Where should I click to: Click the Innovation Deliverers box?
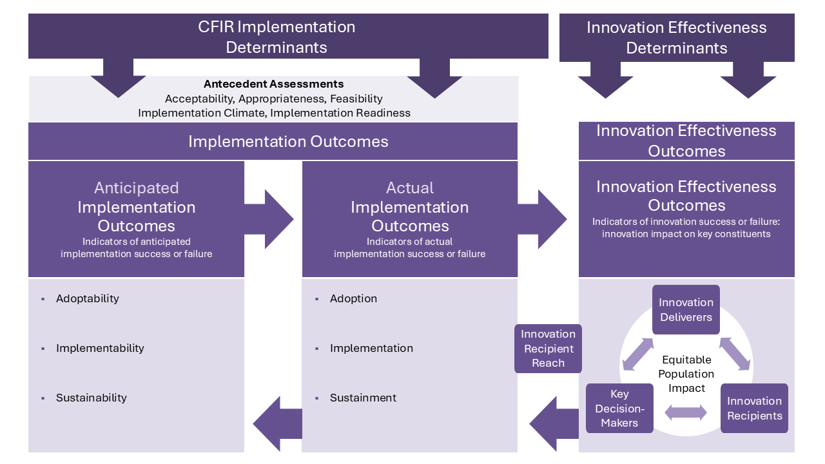pyautogui.click(x=686, y=309)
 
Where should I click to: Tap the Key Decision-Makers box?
pyautogui.click(x=619, y=408)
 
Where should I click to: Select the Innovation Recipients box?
pyautogui.click(x=754, y=408)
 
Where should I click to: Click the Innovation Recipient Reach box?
pyautogui.click(x=548, y=348)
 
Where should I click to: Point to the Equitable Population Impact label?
pyautogui.click(x=686, y=374)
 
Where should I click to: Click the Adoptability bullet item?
pyautogui.click(x=87, y=298)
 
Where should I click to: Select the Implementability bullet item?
pyautogui.click(x=100, y=348)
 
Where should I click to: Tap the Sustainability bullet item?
pyautogui.click(x=91, y=398)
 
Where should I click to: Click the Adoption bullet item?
pyautogui.click(x=353, y=298)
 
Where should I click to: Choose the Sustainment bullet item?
pyautogui.click(x=363, y=398)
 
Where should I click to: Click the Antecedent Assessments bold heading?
pyautogui.click(x=273, y=84)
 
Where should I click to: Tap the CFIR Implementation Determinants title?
pyautogui.click(x=277, y=37)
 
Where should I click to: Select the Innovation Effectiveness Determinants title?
pyautogui.click(x=676, y=37)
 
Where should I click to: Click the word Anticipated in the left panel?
pyautogui.click(x=136, y=188)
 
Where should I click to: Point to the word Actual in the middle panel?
pyautogui.click(x=409, y=188)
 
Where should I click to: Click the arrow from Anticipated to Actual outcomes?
pyautogui.click(x=271, y=219)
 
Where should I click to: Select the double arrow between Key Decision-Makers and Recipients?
pyautogui.click(x=686, y=412)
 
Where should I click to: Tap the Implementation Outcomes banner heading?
pyautogui.click(x=288, y=141)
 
